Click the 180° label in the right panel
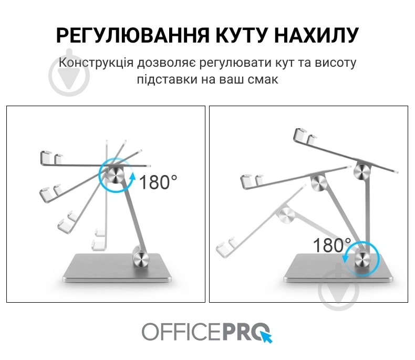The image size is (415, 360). point(332,245)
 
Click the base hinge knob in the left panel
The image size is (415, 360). point(141,259)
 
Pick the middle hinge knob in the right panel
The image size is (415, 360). point(318,182)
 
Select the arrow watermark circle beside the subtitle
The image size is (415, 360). point(69,73)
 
